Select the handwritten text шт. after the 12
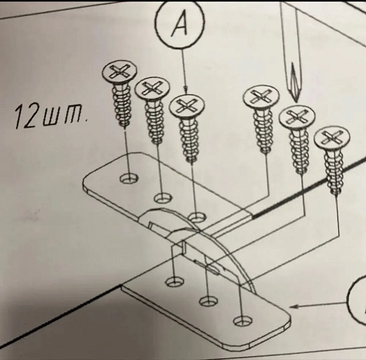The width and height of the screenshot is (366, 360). pos(65,116)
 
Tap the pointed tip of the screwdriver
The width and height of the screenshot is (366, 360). pos(296,101)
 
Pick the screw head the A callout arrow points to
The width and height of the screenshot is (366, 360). pos(187,106)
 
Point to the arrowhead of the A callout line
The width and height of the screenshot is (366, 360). pos(186,90)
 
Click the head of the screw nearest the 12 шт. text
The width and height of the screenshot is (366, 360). pos(119,72)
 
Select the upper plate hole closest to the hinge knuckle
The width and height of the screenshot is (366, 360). pos(198,217)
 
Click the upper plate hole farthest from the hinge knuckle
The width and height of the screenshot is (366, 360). pos(129,179)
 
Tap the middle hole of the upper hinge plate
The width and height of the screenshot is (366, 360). pos(163,197)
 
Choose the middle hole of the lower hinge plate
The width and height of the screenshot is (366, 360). pos(209,301)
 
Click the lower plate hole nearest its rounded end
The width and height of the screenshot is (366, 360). pos(242,320)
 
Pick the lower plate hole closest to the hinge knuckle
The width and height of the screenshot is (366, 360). pos(175,282)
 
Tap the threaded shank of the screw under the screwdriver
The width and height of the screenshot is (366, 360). pos(299,151)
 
